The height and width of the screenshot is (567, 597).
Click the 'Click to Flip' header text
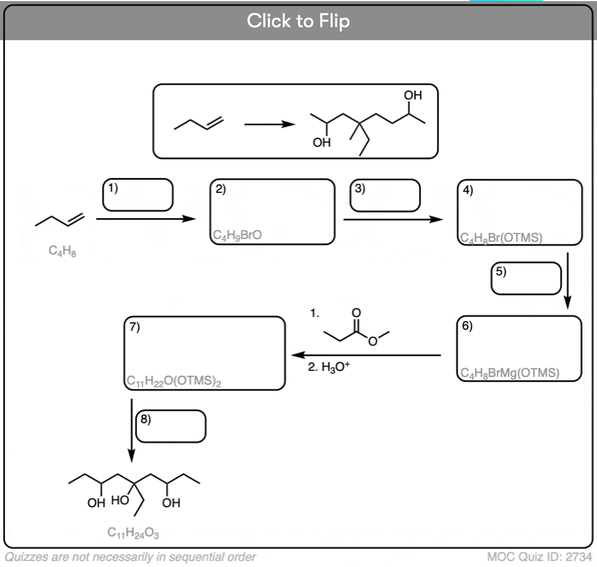tap(298, 21)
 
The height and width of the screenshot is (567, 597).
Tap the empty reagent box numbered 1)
tap(137, 195)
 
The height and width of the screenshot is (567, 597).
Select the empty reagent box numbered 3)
tap(385, 195)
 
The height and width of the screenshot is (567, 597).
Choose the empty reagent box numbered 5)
tap(526, 278)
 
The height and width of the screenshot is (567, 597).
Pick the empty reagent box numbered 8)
tap(171, 426)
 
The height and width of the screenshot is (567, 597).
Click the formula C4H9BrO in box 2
tap(237, 235)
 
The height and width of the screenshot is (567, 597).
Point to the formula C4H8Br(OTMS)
tap(501, 238)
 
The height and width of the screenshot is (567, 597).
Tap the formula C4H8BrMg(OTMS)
tap(510, 373)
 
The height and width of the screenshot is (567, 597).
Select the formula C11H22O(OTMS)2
tap(174, 381)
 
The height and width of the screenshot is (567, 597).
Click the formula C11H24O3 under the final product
tap(133, 533)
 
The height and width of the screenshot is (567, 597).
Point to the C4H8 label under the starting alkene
tap(62, 251)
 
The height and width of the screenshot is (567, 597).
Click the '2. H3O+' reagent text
tap(329, 367)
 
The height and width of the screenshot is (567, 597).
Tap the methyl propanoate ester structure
tap(357, 327)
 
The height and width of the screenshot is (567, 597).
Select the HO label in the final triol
tap(120, 500)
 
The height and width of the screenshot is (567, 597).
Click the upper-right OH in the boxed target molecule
tap(412, 95)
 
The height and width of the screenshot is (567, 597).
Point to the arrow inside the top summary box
tap(270, 124)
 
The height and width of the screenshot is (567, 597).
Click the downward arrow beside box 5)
tap(567, 281)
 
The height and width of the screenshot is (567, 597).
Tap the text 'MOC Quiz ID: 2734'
tap(539, 557)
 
